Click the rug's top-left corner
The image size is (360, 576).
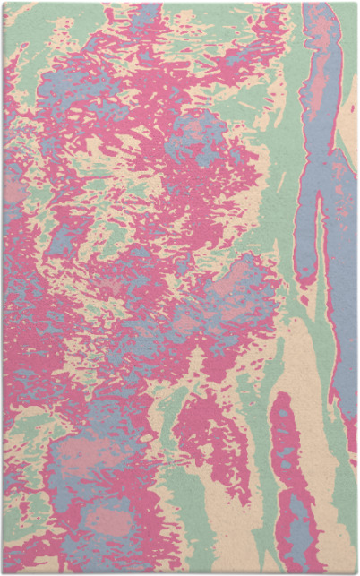[x=3, y=3]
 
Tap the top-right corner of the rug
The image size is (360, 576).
[x=356, y=3]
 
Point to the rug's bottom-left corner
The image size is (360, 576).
[x=3, y=572]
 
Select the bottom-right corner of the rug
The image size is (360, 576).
[x=356, y=572]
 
